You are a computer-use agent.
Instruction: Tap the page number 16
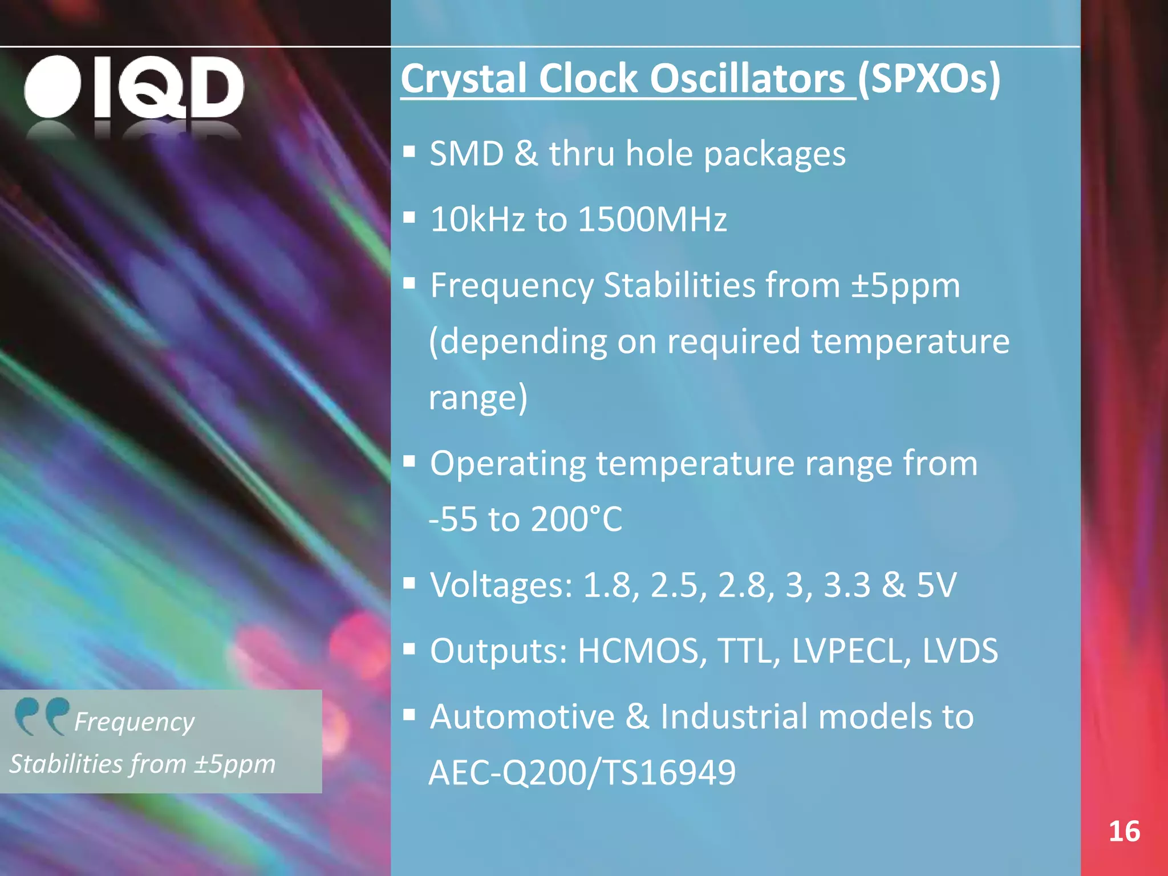[1124, 832]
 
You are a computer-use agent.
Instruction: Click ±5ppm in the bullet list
[906, 285]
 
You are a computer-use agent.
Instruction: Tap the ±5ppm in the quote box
[234, 764]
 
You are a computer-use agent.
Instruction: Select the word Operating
[508, 464]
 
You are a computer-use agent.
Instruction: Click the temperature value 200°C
[576, 519]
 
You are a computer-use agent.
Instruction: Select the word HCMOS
[642, 651]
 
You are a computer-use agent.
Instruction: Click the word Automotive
[522, 717]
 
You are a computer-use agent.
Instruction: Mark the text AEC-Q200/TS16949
[582, 773]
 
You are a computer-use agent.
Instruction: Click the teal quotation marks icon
[41, 716]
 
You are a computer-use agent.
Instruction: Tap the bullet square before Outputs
[409, 648]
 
